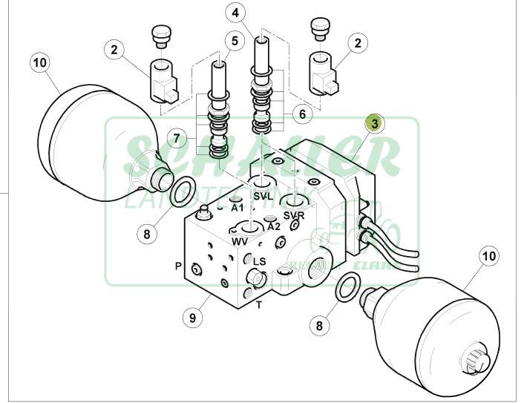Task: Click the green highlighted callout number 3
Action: tap(376, 123)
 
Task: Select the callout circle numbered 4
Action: tap(235, 13)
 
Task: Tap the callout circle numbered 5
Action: tap(235, 42)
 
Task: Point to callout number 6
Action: tap(302, 114)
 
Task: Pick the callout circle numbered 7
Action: tap(176, 138)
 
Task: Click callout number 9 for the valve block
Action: tap(193, 318)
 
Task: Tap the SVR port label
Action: tap(294, 215)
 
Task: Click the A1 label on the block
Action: tap(238, 209)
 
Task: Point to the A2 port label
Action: tap(274, 226)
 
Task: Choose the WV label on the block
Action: tap(240, 242)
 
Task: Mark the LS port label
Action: tap(259, 261)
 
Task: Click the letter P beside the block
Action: tap(178, 266)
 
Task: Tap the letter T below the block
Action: tap(259, 304)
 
